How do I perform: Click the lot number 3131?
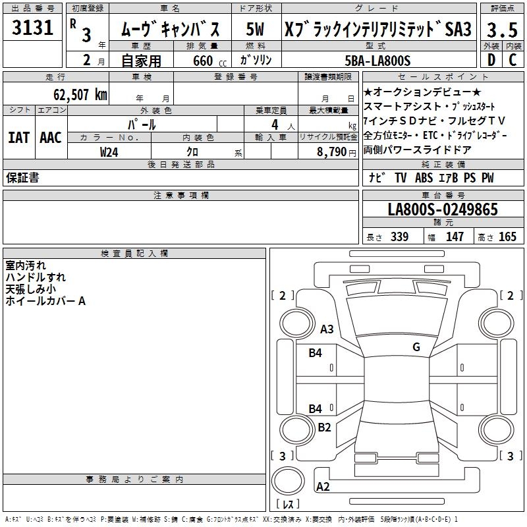(33, 28)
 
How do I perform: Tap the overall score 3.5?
(501, 30)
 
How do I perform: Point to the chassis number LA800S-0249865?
(443, 210)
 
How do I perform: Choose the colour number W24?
(109, 152)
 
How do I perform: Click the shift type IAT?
(18, 138)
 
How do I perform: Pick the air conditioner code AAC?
(51, 138)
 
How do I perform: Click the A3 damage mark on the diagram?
(327, 329)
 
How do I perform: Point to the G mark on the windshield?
(416, 347)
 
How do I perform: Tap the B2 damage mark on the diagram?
(324, 427)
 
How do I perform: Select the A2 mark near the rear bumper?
(323, 487)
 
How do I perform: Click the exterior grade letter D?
(491, 60)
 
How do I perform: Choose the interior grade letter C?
(513, 60)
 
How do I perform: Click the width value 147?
(455, 236)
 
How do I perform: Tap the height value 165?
(507, 236)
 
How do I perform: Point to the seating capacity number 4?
(274, 124)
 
